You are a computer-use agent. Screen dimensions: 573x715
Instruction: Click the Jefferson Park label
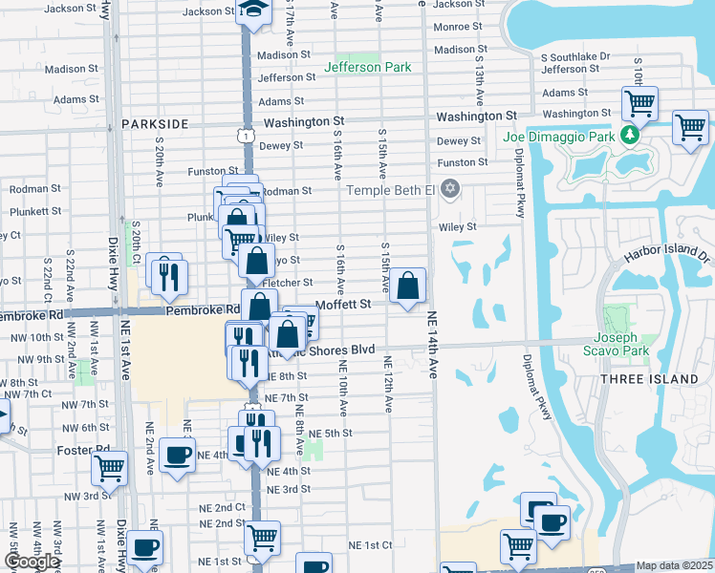[x=367, y=67]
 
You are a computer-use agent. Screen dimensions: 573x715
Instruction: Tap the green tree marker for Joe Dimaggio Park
[x=629, y=135]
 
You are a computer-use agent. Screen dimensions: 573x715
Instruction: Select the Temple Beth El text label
[x=389, y=190]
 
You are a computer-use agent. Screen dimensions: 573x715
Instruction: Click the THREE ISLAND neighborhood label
[x=648, y=379]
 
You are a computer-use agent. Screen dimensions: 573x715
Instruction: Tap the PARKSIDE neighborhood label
[x=155, y=124]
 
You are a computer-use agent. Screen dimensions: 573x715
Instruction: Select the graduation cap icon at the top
[x=253, y=10]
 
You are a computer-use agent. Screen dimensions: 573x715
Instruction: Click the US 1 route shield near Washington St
[x=248, y=138]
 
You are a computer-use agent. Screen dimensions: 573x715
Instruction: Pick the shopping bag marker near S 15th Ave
[x=407, y=286]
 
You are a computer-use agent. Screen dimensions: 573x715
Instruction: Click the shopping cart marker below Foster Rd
[x=110, y=469]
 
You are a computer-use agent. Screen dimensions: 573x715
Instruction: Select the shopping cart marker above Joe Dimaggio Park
[x=639, y=101]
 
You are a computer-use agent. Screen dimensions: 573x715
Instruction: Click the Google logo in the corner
[x=32, y=562]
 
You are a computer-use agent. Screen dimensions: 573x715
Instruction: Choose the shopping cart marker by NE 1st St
[x=261, y=537]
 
